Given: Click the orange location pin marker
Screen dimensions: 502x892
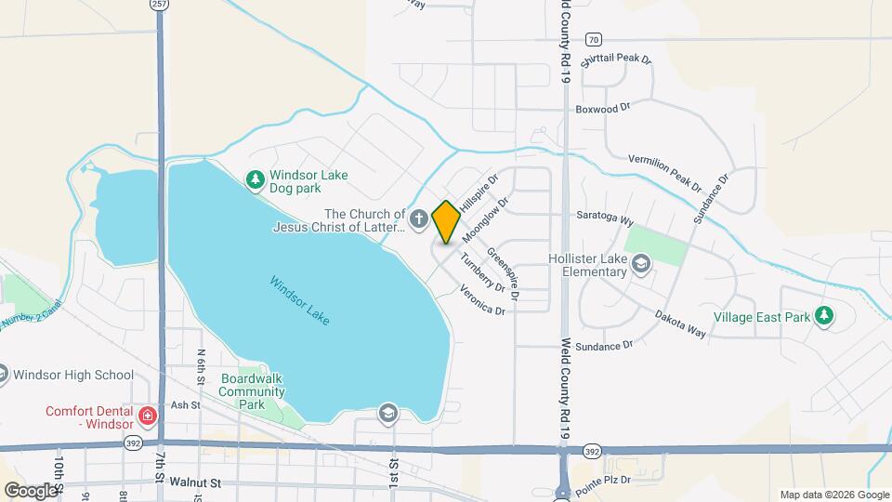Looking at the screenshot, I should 446,221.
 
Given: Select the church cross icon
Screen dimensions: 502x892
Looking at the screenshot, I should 419,220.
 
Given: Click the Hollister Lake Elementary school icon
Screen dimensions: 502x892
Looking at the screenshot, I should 640,265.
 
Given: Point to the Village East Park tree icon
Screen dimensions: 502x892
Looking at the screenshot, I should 823,316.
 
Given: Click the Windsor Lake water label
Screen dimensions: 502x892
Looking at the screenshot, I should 300,300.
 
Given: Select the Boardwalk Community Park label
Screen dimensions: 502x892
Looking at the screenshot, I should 252,391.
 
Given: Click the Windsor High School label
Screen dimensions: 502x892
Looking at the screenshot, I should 74,376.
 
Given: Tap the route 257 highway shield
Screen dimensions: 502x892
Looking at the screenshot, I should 159,5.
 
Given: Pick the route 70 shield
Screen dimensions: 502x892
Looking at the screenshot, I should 594,39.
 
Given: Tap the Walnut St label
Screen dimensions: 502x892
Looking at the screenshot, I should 196,483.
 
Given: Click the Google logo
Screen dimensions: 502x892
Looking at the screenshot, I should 31,490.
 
